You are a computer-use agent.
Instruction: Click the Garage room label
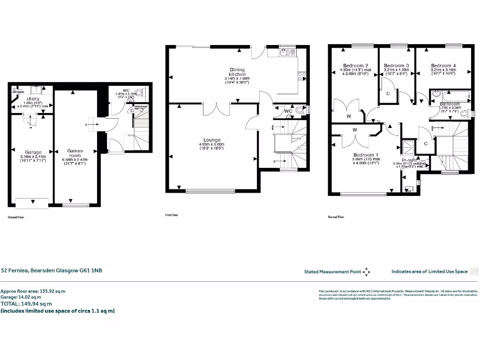point(33,152)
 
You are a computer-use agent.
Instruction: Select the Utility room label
point(33,99)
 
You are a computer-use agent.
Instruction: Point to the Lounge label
point(212,139)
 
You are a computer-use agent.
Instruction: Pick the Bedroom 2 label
point(355,66)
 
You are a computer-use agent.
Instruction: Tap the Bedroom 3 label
point(397,66)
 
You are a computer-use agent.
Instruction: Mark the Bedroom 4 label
point(443,66)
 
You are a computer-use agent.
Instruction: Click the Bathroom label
point(450,104)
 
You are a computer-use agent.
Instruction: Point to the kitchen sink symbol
point(284,52)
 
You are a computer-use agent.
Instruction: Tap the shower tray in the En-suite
point(408,146)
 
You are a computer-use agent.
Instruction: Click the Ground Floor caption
point(16,217)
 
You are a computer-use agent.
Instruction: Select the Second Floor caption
point(336,217)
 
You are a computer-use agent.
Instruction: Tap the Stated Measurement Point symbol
point(367,271)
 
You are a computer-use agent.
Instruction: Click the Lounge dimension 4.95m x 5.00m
point(212,144)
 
